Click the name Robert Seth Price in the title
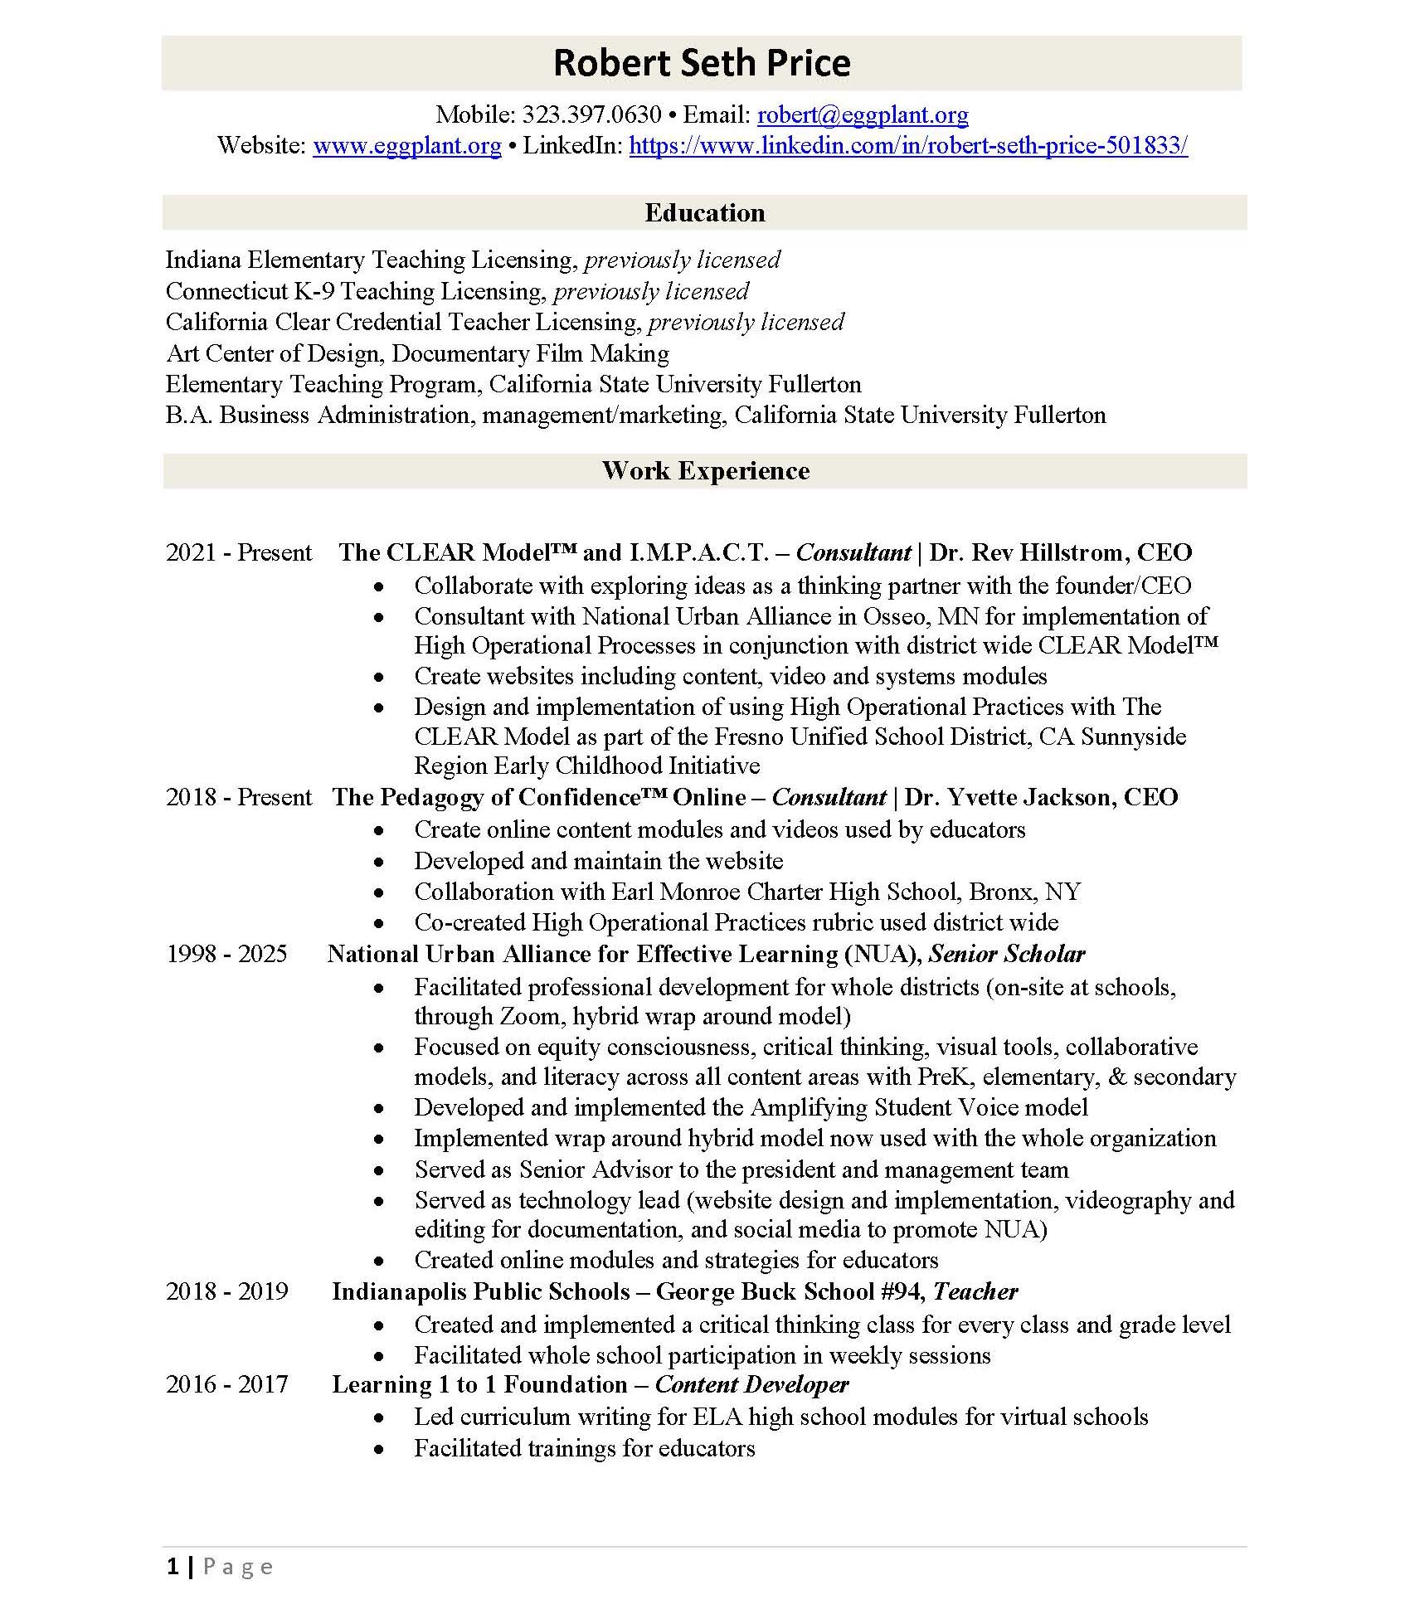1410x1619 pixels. [702, 63]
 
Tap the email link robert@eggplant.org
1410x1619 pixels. [863, 114]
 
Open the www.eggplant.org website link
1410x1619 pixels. [407, 146]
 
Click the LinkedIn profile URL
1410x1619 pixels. [908, 146]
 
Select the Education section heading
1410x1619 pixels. [705, 213]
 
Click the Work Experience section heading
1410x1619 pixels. [705, 471]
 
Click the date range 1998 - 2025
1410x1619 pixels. [226, 954]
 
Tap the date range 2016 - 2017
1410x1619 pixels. [226, 1384]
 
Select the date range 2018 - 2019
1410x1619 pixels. [226, 1291]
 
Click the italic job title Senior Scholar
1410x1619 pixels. [1006, 954]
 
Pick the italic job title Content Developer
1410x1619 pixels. [751, 1384]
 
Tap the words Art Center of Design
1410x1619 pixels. [274, 353]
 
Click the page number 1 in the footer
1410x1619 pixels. [173, 1567]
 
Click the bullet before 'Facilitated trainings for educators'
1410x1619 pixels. [379, 1449]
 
